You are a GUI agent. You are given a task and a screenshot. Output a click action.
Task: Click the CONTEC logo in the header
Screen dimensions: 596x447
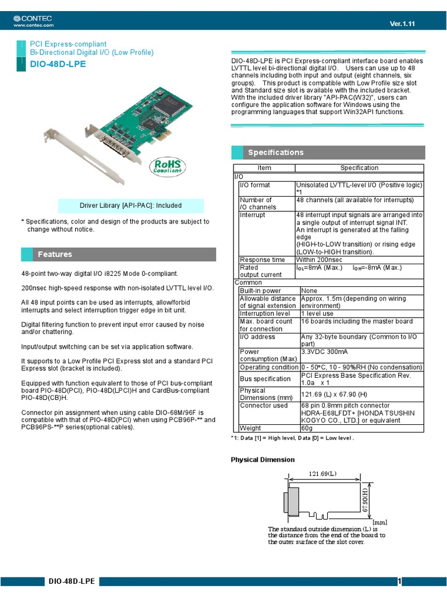34,19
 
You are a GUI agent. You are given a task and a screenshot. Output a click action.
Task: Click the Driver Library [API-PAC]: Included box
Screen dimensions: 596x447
130,205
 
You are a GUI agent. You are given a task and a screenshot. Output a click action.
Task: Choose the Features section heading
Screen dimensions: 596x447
55,254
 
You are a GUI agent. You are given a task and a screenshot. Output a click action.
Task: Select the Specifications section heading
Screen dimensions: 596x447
275,152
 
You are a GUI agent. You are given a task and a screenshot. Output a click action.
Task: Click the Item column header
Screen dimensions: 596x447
264,168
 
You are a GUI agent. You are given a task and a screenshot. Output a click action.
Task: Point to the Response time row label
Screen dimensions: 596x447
262,260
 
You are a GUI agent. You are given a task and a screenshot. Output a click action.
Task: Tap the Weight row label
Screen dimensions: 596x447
251,428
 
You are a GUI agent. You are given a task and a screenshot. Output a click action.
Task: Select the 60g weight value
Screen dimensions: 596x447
307,428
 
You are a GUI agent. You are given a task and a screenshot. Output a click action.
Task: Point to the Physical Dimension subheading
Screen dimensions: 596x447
262,460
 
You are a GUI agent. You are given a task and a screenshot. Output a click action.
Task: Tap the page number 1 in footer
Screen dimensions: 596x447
400,581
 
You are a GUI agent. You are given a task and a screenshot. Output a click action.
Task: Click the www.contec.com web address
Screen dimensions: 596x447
33,25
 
